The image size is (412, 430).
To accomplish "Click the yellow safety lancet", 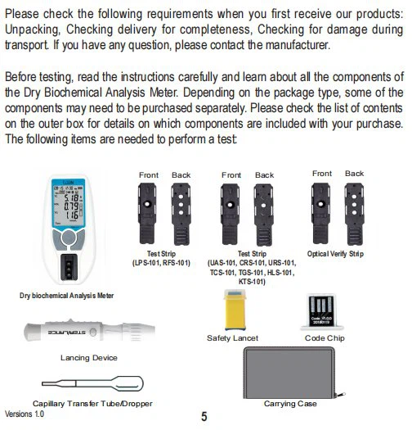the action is (x=235, y=310).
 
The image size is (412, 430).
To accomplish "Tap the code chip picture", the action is (x=322, y=312).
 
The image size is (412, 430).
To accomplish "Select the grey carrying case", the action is (x=289, y=373).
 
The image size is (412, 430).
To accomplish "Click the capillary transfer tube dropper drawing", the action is (x=92, y=383).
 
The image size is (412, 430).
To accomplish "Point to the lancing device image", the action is (x=90, y=330).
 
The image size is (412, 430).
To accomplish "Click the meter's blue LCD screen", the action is (x=69, y=203).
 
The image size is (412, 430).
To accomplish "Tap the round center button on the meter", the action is (x=69, y=238).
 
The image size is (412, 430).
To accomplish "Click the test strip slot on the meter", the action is (x=69, y=267).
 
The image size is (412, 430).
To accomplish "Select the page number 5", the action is (x=204, y=417).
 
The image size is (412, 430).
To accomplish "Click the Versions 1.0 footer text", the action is (x=25, y=414).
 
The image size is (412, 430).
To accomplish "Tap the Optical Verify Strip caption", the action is (x=335, y=254).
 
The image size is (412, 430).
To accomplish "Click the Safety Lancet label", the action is (x=232, y=337).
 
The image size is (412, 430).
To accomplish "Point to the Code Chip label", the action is (x=325, y=338).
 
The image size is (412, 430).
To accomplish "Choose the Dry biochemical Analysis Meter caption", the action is (x=66, y=296).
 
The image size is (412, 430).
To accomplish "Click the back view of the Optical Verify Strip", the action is (x=354, y=215).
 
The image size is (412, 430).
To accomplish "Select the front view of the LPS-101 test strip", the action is (x=147, y=214).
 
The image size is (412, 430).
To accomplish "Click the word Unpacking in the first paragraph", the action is (x=32, y=29).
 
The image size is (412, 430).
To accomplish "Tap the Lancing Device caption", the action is (x=89, y=358).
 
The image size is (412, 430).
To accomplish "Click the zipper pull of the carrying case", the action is (x=341, y=395).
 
